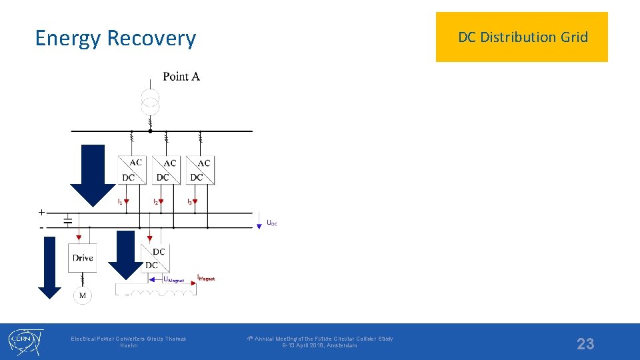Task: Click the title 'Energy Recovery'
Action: pos(115,38)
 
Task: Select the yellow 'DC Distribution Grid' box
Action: pos(522,37)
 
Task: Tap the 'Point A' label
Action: pos(181,77)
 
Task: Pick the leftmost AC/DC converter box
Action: pos(132,169)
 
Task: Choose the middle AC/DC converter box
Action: pos(166,169)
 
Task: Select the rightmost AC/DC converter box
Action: pos(200,169)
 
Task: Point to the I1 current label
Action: pos(120,201)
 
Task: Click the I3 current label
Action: pos(190,201)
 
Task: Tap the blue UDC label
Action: pos(271,223)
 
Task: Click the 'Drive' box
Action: pos(83,258)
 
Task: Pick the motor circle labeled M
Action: pos(83,295)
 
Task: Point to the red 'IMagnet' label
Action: pos(207,277)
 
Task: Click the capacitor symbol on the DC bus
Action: pos(67,220)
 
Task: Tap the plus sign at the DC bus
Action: pos(41,212)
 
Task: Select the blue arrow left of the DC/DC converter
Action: pos(125,255)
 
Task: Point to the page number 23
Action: pos(585,343)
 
